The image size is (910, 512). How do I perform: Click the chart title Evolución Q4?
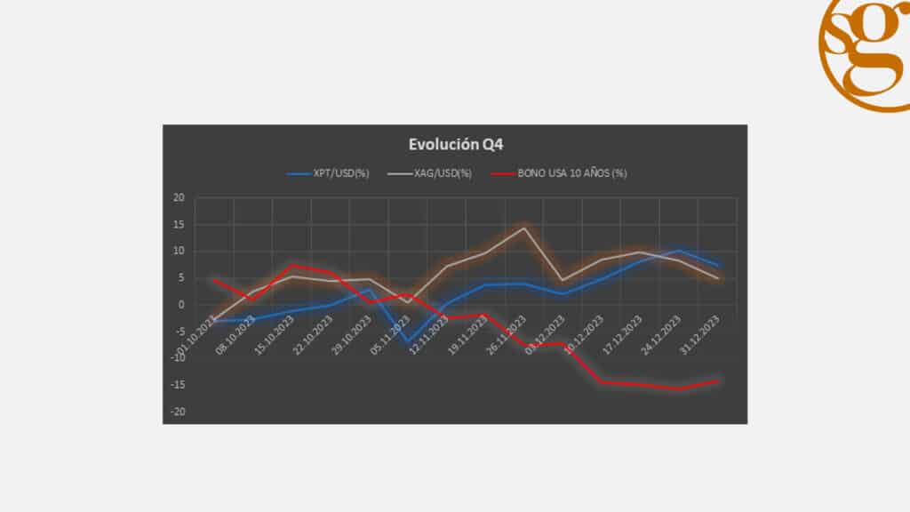454,145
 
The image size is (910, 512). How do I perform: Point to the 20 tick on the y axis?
178,197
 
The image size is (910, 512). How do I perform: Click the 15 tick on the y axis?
178,224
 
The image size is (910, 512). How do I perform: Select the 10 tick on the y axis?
178,251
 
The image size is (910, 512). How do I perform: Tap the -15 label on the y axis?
177,385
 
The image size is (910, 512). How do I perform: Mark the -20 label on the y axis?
177,412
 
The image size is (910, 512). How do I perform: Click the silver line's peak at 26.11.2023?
524,228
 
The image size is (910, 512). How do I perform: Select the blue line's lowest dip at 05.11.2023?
408,341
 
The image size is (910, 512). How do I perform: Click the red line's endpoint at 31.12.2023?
718,381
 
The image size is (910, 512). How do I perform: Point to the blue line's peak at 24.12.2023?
679,250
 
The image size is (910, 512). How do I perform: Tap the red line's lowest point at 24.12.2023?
679,389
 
